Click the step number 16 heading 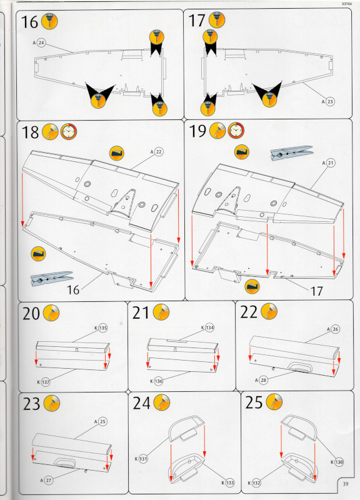point(29,22)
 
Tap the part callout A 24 point(39,42)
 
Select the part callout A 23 point(328,102)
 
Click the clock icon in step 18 point(69,131)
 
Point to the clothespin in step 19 point(291,152)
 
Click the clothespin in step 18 point(52,278)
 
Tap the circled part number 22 point(159,152)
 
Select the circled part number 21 point(331,163)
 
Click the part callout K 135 point(101,327)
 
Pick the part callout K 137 point(44,382)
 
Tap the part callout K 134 point(207,327)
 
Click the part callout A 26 point(333,329)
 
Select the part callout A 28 point(261,380)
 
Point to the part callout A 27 point(46,480)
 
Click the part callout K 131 point(141,459)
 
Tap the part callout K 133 point(228,482)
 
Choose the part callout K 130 point(337,462)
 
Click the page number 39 point(346,484)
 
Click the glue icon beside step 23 point(51,403)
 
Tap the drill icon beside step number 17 point(217,20)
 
